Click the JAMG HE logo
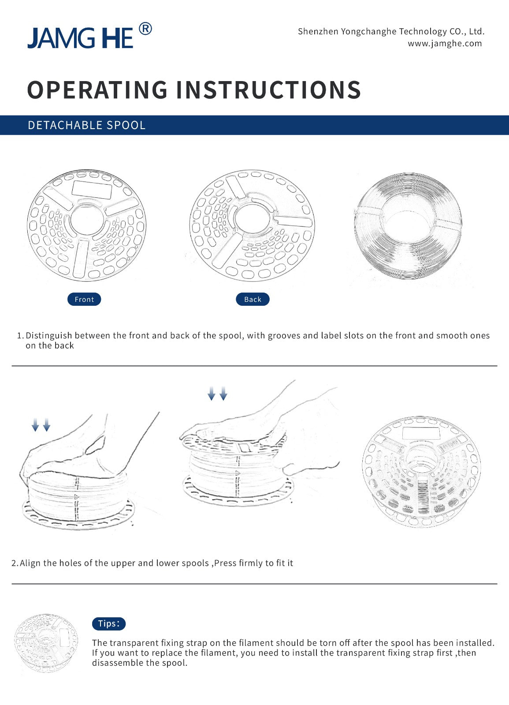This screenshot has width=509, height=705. point(80,38)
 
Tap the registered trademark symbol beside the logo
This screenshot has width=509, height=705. point(145,29)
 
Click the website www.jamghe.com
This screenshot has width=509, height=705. point(444,44)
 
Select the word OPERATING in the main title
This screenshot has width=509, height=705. point(97,90)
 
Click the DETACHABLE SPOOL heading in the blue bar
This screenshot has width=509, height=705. point(86,125)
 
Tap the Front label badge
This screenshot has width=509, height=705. point(84,299)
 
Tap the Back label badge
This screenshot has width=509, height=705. point(253,299)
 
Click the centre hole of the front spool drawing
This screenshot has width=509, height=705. point(87,220)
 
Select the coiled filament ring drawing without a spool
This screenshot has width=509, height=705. point(408,226)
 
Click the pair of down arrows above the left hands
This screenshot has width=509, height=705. point(41,425)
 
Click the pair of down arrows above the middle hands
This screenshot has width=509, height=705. point(217,393)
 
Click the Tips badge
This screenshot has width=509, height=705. point(108,623)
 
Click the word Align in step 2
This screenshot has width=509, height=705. point(30,563)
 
